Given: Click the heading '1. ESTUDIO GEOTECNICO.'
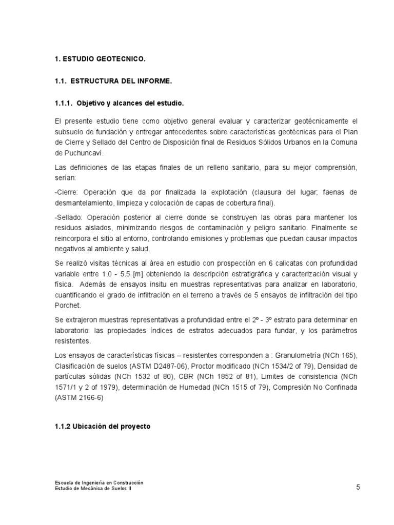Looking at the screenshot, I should (x=100, y=59).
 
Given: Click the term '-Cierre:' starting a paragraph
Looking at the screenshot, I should (x=67, y=192).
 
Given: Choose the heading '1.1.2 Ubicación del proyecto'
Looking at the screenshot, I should (x=102, y=426).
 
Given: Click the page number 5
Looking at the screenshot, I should (x=358, y=487).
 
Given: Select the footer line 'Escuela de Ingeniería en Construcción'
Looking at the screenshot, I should (x=99, y=482).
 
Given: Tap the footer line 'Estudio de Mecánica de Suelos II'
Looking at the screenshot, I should (x=95, y=489).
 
